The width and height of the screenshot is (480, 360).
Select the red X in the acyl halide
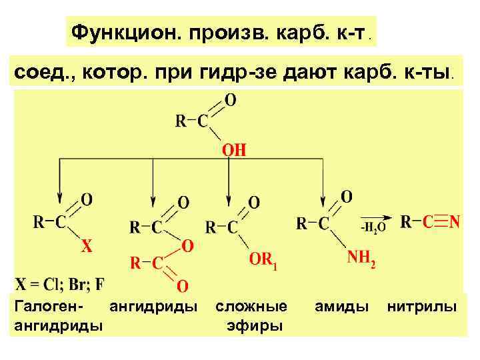click(87, 247)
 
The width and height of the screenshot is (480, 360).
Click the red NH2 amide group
click(361, 259)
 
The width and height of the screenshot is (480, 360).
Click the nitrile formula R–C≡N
click(430, 222)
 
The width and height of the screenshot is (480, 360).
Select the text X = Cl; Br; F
click(61, 285)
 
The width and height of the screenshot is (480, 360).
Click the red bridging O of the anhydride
click(188, 247)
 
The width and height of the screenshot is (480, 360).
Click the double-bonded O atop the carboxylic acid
click(231, 101)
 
